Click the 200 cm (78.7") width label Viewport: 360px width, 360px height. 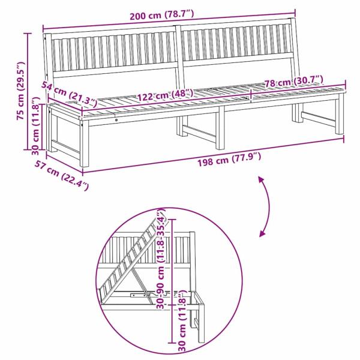click(x=169, y=17)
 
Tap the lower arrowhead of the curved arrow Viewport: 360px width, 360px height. click(x=263, y=233)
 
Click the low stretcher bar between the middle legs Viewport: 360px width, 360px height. click(x=199, y=129)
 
